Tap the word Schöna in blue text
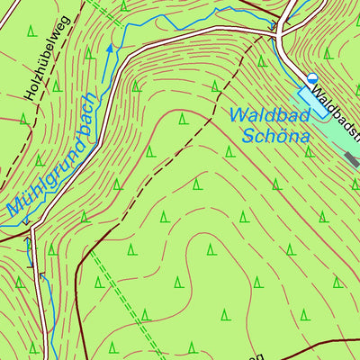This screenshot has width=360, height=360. point(276,137)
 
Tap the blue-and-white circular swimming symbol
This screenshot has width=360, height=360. point(312,79)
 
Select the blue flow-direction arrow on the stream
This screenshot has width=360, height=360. point(112,49)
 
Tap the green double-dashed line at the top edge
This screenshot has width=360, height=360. point(106,11)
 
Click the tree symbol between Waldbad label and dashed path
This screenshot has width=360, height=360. point(183,118)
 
